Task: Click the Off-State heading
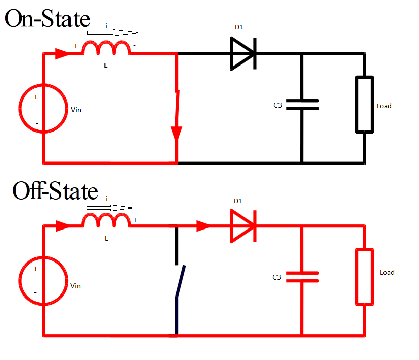tap(55, 191)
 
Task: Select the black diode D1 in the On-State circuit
tap(243, 53)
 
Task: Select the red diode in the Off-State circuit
tap(243, 226)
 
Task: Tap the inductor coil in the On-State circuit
tap(106, 49)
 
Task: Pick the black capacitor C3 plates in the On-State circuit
tap(302, 105)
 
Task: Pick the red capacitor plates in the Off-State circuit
tap(302, 277)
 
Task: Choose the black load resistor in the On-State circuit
tap(364, 105)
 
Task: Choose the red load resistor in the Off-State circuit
tap(364, 277)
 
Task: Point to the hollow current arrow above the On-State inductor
tap(112, 32)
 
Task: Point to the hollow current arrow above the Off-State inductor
tap(111, 207)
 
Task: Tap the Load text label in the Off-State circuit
tap(387, 273)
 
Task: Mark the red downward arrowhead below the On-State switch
tap(177, 133)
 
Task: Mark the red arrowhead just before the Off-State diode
tap(203, 226)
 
